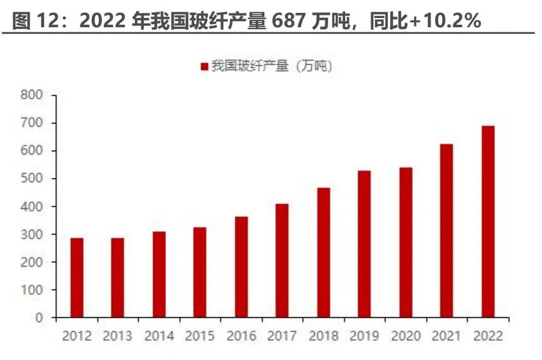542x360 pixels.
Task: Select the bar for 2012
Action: point(77,278)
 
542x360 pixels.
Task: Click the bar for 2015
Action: point(200,273)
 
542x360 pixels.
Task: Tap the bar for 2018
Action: point(323,253)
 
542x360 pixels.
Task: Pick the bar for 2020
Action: point(406,242)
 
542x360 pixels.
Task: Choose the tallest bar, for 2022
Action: point(488,222)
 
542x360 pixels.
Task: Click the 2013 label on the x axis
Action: point(118,336)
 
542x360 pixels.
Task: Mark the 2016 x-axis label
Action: point(241,336)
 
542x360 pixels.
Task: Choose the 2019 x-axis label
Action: point(365,336)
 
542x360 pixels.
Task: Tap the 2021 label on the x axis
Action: point(447,336)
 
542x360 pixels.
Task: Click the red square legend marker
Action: point(204,67)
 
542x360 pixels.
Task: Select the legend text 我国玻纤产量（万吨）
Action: point(272,66)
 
